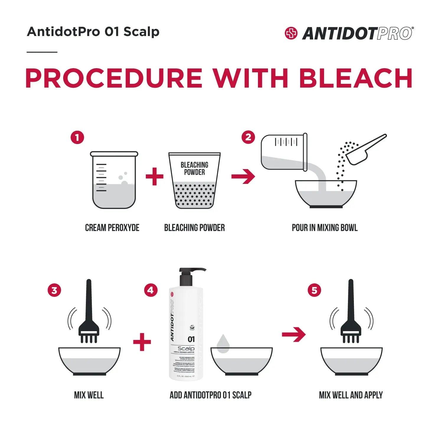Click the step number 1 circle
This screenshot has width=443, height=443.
[x=77, y=138]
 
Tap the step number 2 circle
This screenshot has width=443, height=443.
[x=248, y=138]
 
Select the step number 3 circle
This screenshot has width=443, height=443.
[x=54, y=290]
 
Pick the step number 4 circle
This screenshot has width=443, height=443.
[x=151, y=290]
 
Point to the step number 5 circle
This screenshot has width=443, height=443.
[x=314, y=290]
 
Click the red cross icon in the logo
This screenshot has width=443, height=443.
[x=291, y=33]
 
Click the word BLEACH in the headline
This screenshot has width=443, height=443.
[x=356, y=78]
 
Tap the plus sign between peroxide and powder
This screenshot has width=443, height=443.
[x=154, y=176]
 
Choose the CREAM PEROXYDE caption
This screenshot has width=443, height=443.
[x=112, y=228]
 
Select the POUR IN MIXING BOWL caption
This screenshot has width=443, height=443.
[x=325, y=228]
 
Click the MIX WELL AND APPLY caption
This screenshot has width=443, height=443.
[x=351, y=395]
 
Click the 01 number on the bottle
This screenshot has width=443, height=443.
[x=191, y=339]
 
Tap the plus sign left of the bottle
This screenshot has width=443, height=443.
[x=142, y=342]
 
